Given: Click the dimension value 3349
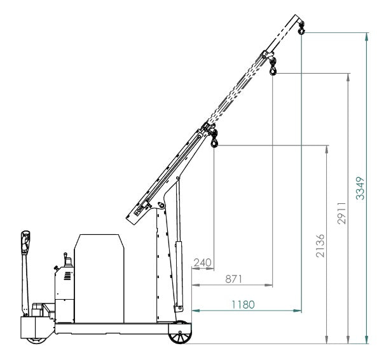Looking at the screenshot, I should [360, 188].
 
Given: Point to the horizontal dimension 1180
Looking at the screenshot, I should [242, 304].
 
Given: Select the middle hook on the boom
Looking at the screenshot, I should [273, 68].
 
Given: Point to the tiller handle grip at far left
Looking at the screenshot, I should [25, 241].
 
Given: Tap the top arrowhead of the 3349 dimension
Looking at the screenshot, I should [367, 36].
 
